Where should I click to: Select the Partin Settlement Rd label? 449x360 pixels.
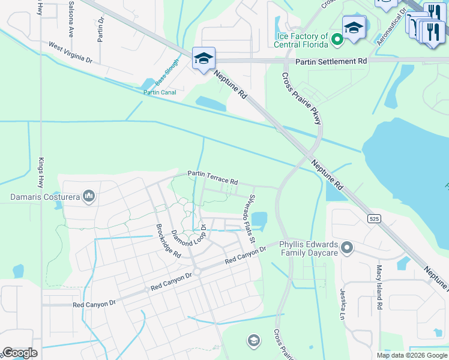[331, 61]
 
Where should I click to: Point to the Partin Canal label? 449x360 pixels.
[160, 92]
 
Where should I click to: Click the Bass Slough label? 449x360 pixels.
[167, 71]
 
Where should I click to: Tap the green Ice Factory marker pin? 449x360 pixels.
[337, 40]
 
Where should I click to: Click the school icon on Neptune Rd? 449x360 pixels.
[203, 59]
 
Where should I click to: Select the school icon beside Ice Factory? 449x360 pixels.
[354, 28]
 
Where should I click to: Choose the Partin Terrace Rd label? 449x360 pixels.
[212, 177]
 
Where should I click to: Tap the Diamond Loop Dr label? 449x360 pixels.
[189, 236]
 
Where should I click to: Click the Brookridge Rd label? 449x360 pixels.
[169, 241]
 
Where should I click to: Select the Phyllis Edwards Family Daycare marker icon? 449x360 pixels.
[346, 247]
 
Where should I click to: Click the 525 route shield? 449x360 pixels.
[375, 220]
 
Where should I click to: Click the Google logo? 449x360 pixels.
[19, 353]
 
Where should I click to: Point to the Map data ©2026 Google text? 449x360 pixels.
[411, 355]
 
